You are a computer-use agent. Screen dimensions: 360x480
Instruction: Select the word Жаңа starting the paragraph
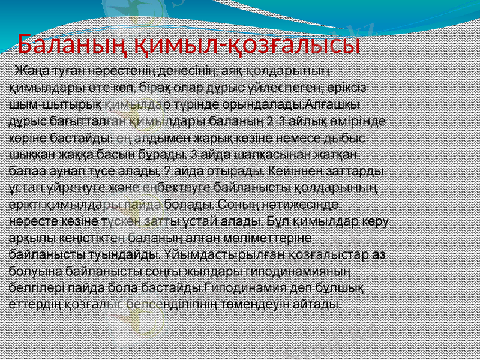pos(34,71)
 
